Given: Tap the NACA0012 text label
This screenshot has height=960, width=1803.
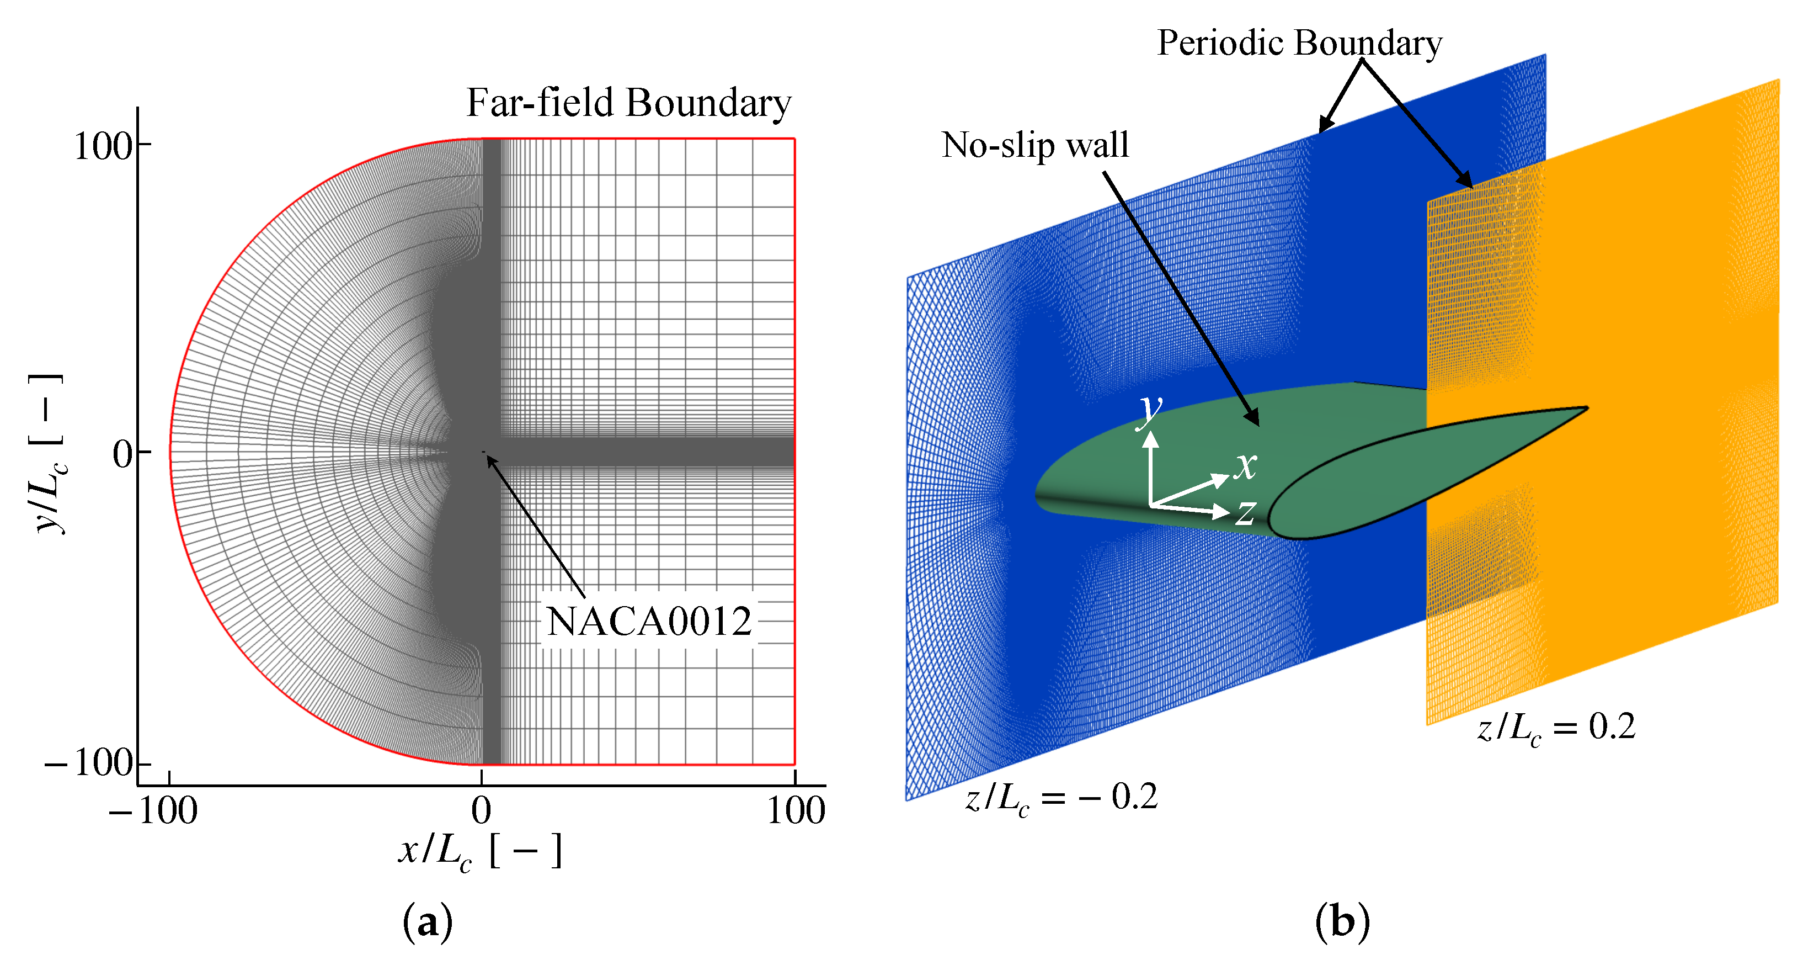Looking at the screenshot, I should (649, 621).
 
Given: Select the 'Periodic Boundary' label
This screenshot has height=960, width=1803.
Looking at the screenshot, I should (1299, 44).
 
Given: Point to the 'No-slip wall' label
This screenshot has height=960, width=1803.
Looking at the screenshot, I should (1035, 146).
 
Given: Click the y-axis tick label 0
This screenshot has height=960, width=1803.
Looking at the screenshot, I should (122, 455).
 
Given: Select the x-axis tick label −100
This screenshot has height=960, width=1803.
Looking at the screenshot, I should (153, 811).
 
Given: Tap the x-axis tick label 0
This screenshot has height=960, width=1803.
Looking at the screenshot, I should (481, 811).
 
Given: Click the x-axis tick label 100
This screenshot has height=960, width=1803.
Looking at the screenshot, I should (796, 811).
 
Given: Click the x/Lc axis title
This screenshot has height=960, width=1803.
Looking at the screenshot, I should (480, 852).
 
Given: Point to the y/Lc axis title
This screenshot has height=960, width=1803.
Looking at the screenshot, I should (49, 454).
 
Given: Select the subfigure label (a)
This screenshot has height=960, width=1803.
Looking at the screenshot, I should (428, 922).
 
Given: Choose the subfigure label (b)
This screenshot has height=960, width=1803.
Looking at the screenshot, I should (1342, 922).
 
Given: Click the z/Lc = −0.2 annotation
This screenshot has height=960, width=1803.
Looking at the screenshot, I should (1061, 798).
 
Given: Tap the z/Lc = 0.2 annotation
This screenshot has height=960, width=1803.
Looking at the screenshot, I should (1556, 728).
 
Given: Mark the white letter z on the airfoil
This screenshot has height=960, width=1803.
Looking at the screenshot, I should (1245, 512).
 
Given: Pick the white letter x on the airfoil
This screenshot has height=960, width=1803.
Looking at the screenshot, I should (1245, 465).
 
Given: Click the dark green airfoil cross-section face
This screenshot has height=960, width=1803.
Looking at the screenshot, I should (1400, 476).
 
